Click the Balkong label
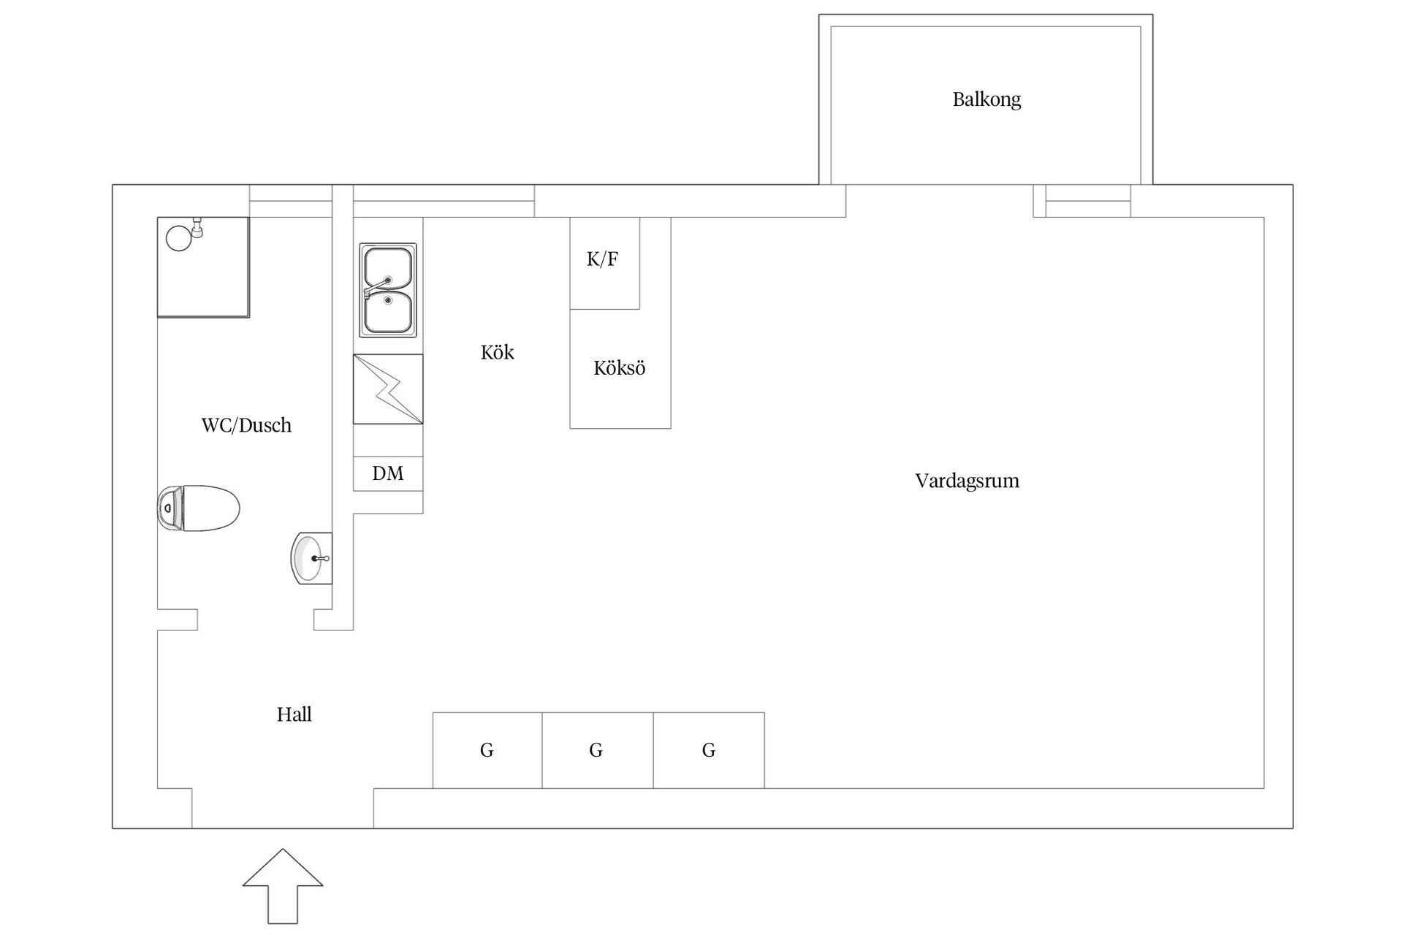point(986,99)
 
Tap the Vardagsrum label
point(967,481)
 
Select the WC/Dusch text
point(246,425)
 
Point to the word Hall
point(294,714)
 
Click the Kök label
point(497,352)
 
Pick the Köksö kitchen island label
point(619,367)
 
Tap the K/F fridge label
point(602,259)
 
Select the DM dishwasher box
point(388,473)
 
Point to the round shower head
point(178,238)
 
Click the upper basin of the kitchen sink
point(388,268)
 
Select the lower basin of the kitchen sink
point(388,313)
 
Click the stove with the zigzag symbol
point(388,389)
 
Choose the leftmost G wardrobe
point(487,750)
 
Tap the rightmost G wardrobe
point(709,750)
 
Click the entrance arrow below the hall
point(283,885)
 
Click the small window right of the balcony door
point(1088,201)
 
